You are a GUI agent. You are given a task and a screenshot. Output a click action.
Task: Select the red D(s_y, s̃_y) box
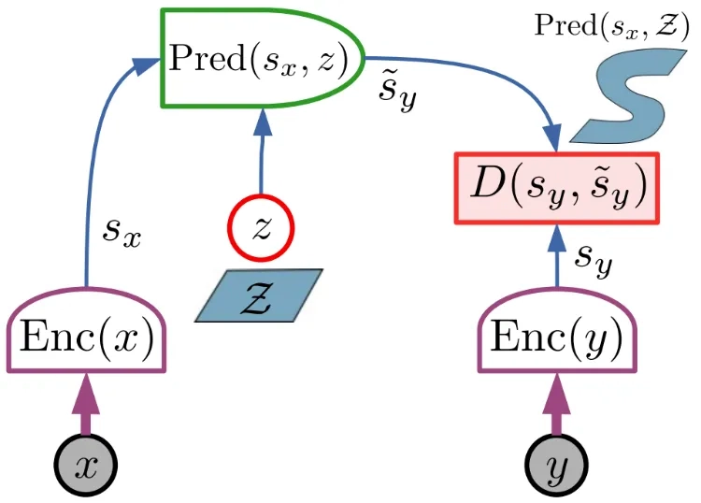pos(557,188)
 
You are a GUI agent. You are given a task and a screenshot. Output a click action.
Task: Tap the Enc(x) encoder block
pos(86,331)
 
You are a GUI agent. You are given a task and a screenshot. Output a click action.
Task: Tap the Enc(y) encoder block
pos(557,331)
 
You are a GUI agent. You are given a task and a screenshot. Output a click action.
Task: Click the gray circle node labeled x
pos(86,465)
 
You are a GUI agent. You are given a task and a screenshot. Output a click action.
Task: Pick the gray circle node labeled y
pos(557,465)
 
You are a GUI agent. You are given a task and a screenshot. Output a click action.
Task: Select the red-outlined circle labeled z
pos(261,227)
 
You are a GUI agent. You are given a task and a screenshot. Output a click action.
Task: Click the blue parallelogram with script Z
pos(259,295)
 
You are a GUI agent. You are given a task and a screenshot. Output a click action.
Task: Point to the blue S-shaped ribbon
pos(628,96)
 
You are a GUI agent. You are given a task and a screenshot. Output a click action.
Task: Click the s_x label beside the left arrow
pos(122,233)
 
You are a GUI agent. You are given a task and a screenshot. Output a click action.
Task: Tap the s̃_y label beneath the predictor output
pos(397,93)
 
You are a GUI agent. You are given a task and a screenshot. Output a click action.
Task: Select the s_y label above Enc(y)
pos(594,259)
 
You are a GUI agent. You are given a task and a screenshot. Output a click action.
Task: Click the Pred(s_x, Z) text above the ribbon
pos(611,25)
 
